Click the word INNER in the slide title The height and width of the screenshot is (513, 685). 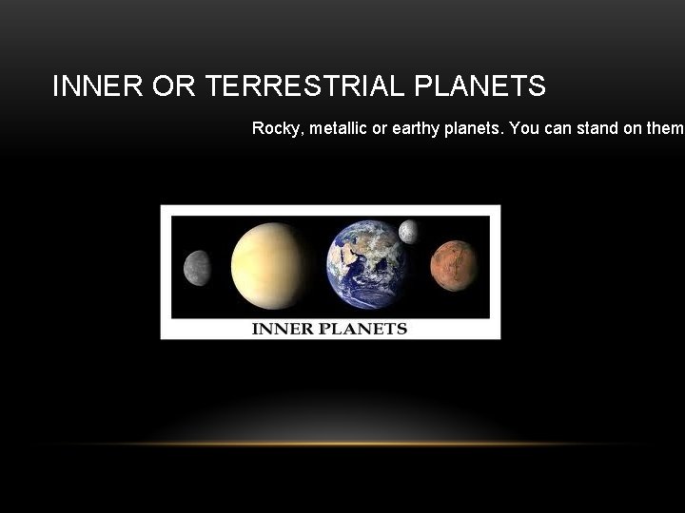coord(88,87)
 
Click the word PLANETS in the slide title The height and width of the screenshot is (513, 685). coord(480,87)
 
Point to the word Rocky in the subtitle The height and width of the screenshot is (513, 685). coord(273,128)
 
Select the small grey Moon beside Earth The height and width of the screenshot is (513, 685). coord(408,231)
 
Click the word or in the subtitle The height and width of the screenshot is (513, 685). coord(380,128)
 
